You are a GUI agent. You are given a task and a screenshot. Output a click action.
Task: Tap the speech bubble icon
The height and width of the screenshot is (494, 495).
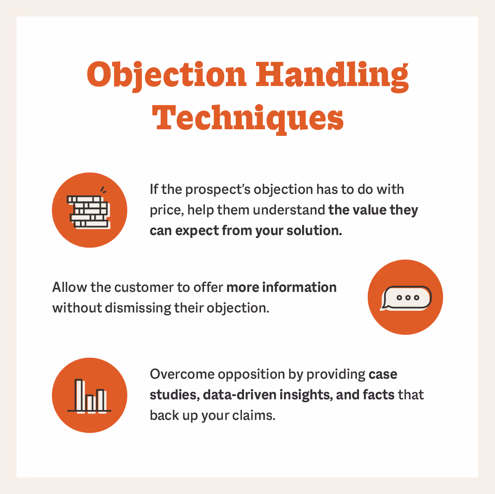[406, 298]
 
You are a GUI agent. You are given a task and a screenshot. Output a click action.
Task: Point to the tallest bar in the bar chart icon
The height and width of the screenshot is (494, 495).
[79, 395]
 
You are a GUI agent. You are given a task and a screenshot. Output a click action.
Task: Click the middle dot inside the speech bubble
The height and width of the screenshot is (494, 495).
[407, 298]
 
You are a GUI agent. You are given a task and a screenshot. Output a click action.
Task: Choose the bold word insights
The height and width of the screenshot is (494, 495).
[305, 395]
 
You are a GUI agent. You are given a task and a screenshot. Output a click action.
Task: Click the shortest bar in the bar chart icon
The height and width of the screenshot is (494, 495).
[89, 403]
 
